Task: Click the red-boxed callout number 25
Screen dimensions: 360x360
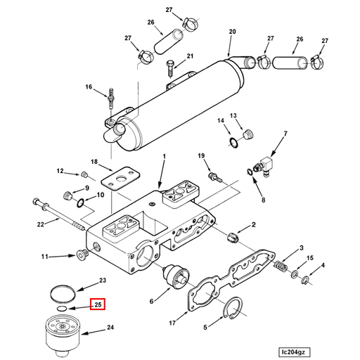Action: click(98, 305)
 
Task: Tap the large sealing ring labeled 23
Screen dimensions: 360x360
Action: click(64, 290)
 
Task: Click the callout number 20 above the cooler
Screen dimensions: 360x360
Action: click(233, 31)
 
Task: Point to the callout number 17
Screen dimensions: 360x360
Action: click(172, 323)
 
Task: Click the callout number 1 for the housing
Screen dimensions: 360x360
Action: click(164, 156)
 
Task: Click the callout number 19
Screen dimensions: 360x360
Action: click(200, 155)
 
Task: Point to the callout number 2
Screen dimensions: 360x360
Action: click(254, 224)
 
